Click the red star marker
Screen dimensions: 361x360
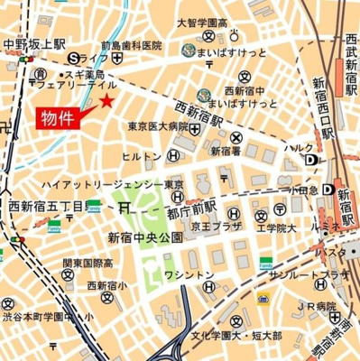tap(107, 100)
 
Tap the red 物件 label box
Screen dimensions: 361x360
tap(58, 117)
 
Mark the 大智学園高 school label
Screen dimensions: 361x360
tap(202, 22)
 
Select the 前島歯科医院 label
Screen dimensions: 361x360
tap(131, 44)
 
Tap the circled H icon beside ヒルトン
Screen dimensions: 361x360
tap(169, 155)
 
